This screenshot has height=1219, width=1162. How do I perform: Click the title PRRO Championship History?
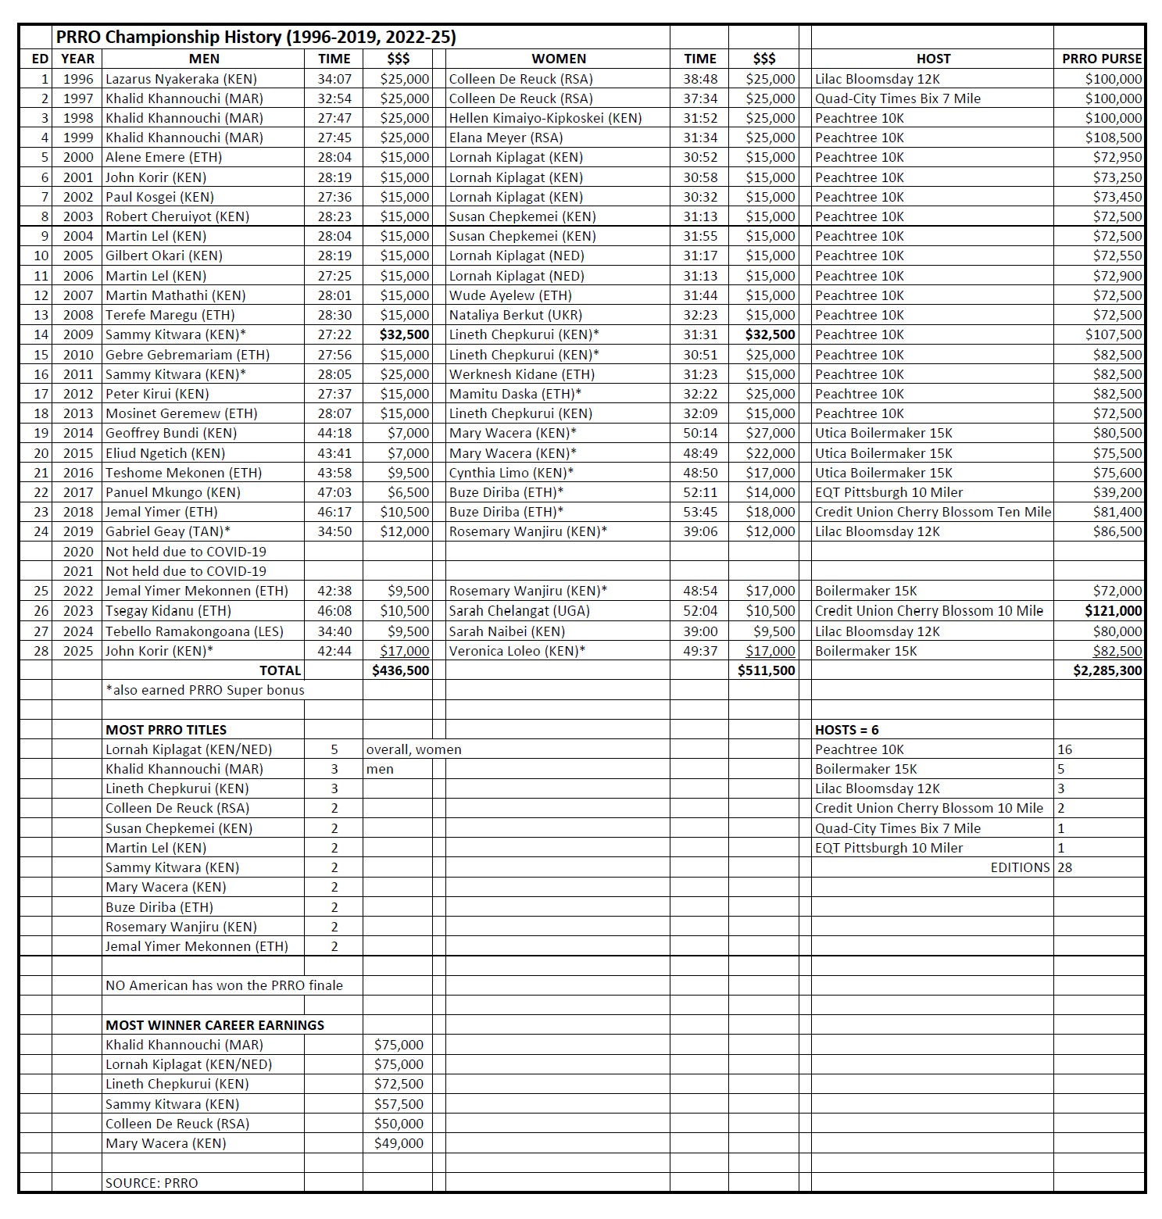256,37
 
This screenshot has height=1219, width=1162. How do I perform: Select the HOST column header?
933,59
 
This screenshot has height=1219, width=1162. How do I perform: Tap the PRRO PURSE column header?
1101,59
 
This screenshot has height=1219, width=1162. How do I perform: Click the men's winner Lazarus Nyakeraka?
181,79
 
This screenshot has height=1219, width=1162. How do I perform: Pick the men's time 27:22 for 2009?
334,334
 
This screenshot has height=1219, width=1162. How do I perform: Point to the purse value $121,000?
1113,611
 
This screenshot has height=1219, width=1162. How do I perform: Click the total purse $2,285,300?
1107,670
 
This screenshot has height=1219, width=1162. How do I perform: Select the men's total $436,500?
401,670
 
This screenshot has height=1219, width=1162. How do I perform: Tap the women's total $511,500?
766,670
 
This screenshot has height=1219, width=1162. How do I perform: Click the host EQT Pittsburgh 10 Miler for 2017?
888,492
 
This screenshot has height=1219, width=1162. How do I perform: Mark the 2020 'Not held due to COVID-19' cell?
186,552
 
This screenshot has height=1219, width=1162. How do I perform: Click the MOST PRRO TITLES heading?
166,730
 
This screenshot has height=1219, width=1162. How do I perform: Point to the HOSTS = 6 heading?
846,730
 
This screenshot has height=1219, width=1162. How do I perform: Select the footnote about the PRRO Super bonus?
205,690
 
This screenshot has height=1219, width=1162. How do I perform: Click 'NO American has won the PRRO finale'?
224,985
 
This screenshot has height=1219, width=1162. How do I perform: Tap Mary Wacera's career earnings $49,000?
399,1143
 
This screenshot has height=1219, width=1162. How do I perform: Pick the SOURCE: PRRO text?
152,1183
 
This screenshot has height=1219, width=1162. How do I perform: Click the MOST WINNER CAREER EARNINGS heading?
215,1025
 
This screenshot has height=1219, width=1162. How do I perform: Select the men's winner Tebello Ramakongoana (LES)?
194,631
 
